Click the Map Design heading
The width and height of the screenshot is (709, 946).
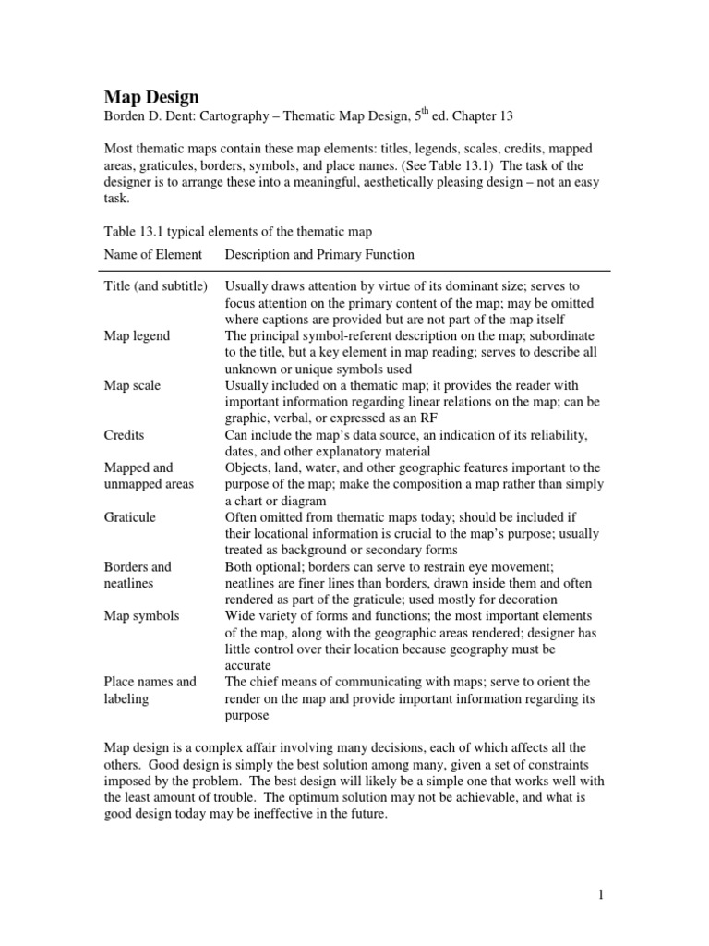[x=150, y=96]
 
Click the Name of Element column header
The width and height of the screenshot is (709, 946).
[x=152, y=254]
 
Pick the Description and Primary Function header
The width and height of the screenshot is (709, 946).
[x=319, y=254]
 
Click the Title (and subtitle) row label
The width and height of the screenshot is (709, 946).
[x=155, y=287]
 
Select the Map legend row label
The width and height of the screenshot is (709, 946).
[x=137, y=336]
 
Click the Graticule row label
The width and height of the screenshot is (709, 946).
[x=129, y=517]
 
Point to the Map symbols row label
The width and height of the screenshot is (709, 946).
[x=140, y=615]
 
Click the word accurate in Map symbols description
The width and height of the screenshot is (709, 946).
[x=251, y=664]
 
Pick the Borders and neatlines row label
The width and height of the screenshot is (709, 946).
[x=137, y=575]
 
